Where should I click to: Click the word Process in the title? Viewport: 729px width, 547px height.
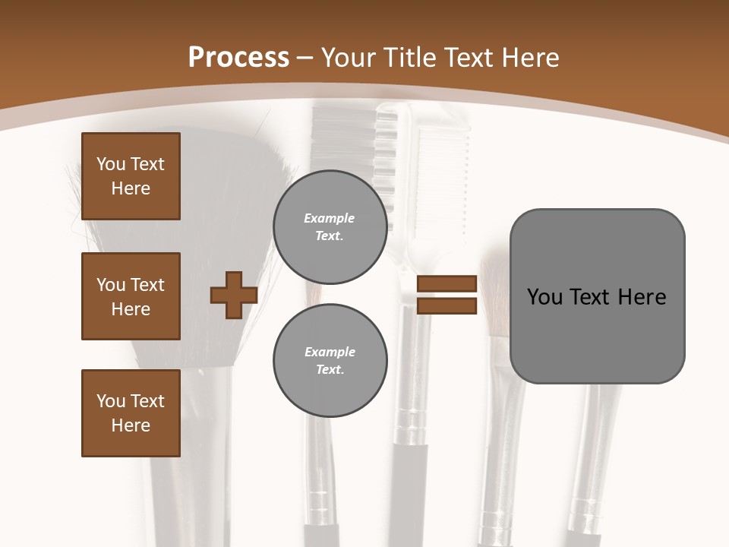click(238, 58)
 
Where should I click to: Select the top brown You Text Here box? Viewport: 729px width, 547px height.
click(131, 176)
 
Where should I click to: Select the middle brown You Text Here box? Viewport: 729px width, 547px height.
click(131, 296)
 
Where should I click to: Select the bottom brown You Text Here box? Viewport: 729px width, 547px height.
click(131, 413)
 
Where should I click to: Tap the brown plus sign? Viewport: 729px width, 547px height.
click(234, 295)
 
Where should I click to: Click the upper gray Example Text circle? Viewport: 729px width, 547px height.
click(330, 226)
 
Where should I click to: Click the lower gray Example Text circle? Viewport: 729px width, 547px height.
click(330, 360)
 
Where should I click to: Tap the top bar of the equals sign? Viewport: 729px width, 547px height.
click(447, 284)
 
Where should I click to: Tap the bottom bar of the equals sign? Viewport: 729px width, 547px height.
click(447, 305)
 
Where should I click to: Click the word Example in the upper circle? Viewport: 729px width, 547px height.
click(330, 218)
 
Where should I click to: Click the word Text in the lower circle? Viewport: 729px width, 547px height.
click(330, 370)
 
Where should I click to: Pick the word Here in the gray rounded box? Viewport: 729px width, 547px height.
click(642, 297)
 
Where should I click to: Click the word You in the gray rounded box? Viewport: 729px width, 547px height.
click(545, 297)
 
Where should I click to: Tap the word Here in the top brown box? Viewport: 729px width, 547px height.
click(131, 188)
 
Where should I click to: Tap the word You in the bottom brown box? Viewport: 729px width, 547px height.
click(111, 401)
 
